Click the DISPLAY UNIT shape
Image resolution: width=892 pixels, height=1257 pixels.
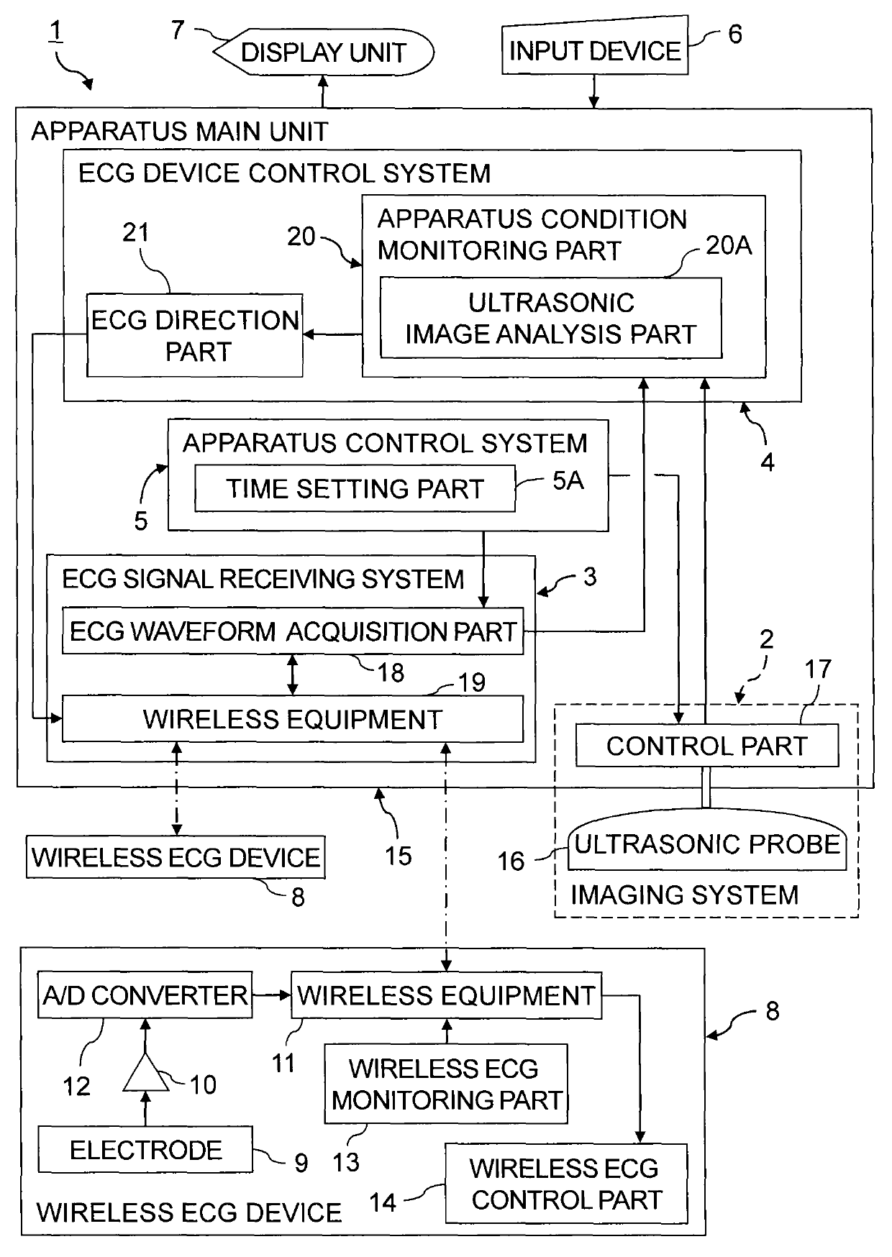tap(324, 52)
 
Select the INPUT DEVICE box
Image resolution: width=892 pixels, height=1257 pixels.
tap(594, 50)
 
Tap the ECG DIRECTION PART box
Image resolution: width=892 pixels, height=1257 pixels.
tap(194, 335)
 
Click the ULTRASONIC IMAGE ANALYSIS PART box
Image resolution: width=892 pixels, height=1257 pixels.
tap(551, 318)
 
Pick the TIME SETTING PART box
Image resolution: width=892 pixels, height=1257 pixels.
tap(355, 488)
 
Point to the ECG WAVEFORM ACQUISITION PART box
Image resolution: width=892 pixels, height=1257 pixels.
tap(293, 631)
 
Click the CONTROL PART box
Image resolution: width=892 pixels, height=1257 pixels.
tap(707, 745)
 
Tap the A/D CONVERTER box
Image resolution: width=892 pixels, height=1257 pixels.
tap(145, 995)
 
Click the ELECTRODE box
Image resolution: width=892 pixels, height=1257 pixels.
tap(145, 1149)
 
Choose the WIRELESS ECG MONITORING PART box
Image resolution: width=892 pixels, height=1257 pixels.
tap(446, 1084)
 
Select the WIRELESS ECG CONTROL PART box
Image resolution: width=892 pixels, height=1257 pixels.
tap(566, 1183)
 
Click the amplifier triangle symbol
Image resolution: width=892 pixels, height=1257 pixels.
tap(146, 1074)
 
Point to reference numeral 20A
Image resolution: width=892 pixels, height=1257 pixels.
tap(729, 245)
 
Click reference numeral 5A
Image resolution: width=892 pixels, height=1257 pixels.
tap(568, 480)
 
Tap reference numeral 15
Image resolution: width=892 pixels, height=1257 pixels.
tap(398, 856)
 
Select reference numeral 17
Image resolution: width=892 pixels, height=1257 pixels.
tap(818, 669)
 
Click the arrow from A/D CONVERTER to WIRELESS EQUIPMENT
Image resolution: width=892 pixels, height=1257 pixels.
tap(271, 995)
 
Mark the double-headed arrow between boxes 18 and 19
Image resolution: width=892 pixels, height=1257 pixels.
tap(292, 675)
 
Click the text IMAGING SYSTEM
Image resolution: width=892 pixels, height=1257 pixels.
tap(685, 895)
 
